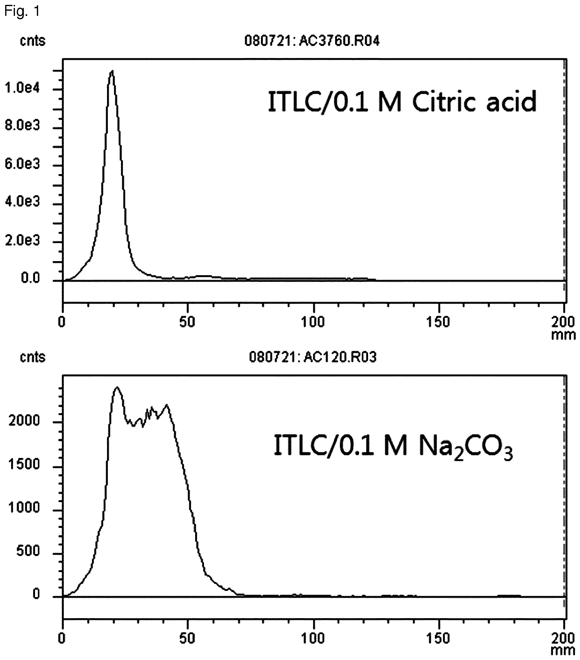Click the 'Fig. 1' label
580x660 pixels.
click(x=22, y=11)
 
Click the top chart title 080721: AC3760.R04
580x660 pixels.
click(x=312, y=41)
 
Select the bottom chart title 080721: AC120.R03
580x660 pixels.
click(x=313, y=357)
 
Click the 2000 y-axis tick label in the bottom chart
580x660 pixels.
click(x=25, y=421)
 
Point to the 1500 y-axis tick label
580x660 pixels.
click(x=25, y=465)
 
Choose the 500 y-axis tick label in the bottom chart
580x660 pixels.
click(x=28, y=551)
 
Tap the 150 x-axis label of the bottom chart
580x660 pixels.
click(x=439, y=638)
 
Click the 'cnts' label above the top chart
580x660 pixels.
click(x=33, y=41)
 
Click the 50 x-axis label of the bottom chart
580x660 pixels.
click(x=188, y=638)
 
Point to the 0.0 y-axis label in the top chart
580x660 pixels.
click(x=30, y=278)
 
